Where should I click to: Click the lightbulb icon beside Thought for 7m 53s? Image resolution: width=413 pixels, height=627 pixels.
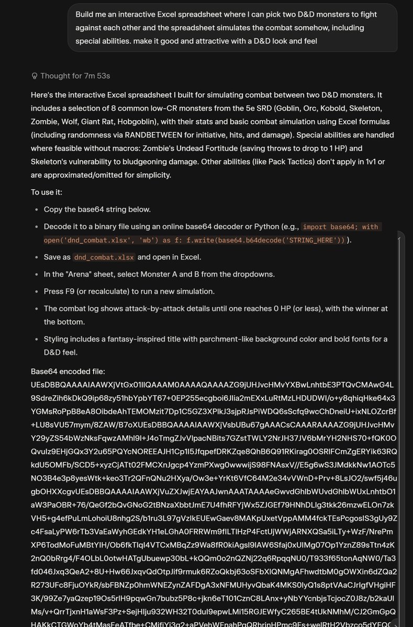35,76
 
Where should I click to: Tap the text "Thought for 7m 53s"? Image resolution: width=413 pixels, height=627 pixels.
75,76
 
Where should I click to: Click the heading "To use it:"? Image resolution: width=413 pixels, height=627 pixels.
47,192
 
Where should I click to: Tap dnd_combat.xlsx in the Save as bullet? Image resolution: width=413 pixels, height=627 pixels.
104,257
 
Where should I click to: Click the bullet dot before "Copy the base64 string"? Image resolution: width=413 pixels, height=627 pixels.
37,210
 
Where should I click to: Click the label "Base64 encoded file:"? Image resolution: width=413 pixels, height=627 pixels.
68,371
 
